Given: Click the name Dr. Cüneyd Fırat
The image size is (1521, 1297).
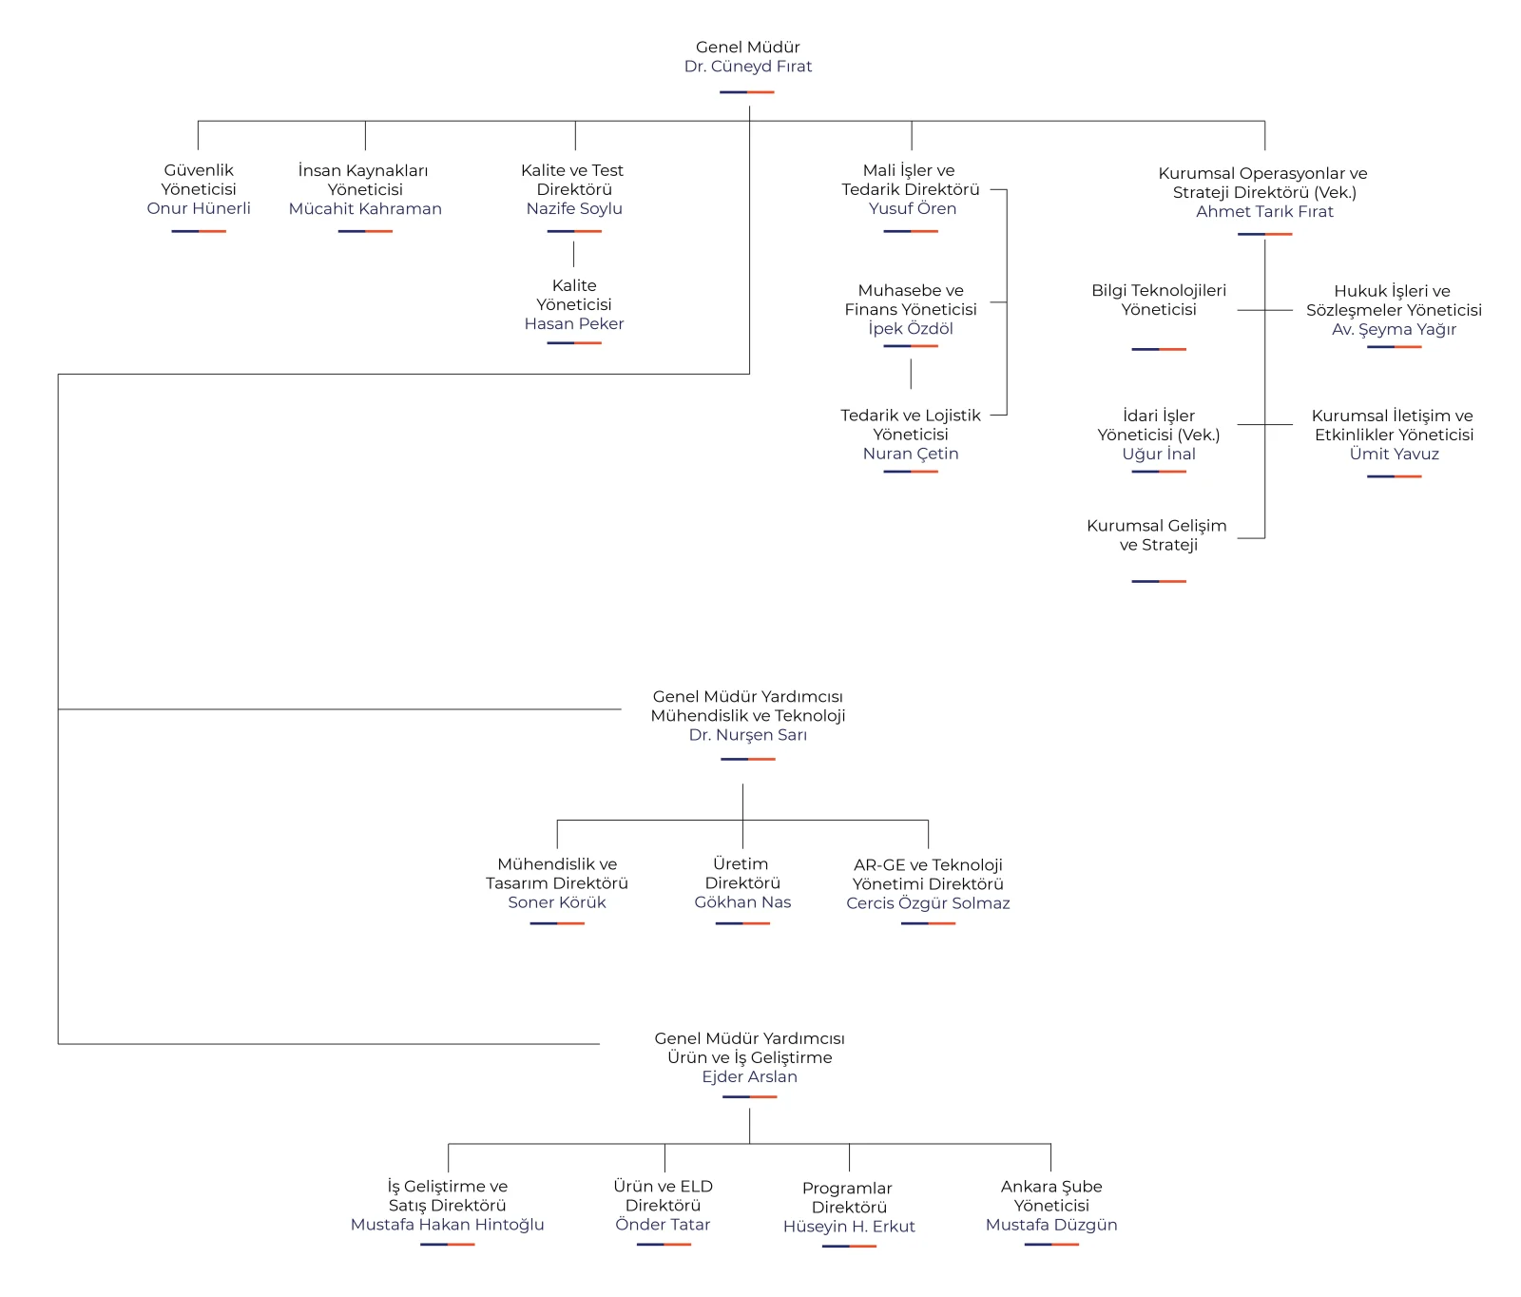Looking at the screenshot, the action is (x=748, y=67).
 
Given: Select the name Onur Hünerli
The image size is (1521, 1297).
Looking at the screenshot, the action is (x=199, y=208).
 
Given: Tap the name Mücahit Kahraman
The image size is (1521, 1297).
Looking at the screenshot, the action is (x=365, y=208).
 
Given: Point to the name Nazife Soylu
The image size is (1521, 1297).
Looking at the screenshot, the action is (x=574, y=208).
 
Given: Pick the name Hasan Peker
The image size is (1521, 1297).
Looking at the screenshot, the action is (x=574, y=323).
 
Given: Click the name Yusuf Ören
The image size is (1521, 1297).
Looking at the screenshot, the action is (x=913, y=208).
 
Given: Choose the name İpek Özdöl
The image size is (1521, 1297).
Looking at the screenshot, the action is (x=911, y=328).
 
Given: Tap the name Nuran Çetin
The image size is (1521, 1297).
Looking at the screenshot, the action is (x=911, y=454).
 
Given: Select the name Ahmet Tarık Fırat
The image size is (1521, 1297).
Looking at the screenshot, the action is (x=1264, y=211).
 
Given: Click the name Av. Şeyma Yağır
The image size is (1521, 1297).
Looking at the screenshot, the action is (x=1394, y=329).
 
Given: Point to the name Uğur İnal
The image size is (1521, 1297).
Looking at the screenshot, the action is (x=1159, y=454).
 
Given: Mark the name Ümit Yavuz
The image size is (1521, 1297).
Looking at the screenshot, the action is (x=1394, y=454).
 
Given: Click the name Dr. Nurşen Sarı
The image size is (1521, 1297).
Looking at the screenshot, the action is (x=748, y=735).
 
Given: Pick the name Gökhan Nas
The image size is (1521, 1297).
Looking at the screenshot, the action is (x=742, y=902).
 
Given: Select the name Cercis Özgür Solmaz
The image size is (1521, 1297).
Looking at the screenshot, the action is (x=928, y=903).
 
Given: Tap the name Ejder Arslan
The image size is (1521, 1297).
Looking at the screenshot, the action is (x=749, y=1076).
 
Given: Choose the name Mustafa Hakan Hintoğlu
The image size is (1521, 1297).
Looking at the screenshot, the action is (x=447, y=1225).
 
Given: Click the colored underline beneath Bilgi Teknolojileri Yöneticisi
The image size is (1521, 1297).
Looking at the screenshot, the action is (x=1159, y=349).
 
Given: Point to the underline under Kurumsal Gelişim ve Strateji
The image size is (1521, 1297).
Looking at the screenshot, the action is (x=1159, y=581).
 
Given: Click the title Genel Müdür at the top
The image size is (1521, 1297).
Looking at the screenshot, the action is (x=748, y=47).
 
